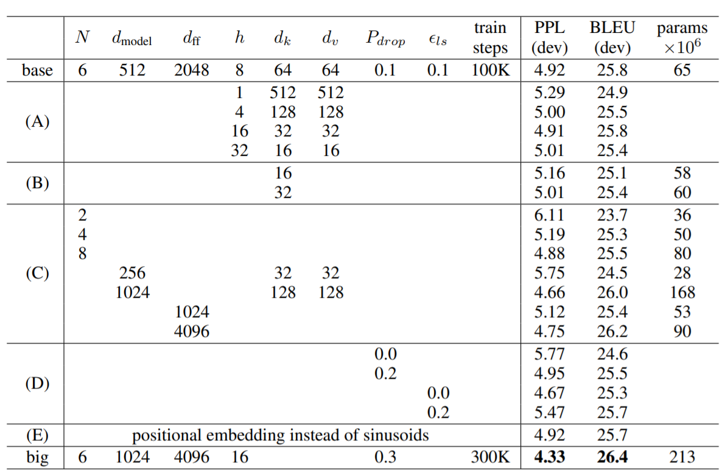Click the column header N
click(82, 37)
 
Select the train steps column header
click(490, 37)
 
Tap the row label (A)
click(37, 121)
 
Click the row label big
click(37, 457)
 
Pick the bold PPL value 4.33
click(549, 457)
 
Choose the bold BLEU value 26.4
click(612, 457)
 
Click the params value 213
click(682, 457)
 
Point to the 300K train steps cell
click(490, 457)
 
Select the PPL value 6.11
click(549, 215)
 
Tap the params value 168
click(682, 292)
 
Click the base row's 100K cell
click(490, 70)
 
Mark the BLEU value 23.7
click(612, 215)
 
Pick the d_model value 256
click(132, 273)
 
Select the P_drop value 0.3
click(385, 457)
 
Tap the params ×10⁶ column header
click(682, 37)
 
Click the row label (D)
click(37, 384)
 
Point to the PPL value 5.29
click(549, 93)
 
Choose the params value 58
click(682, 173)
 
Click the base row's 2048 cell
click(191, 70)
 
